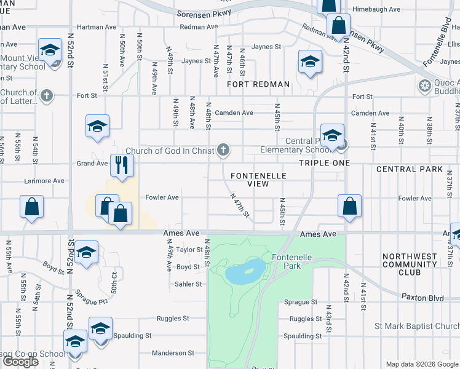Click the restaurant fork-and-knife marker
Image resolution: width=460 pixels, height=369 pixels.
coord(122,165)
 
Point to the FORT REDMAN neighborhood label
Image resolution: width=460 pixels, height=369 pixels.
coord(258,84)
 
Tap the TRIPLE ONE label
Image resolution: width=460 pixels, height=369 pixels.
coord(324,163)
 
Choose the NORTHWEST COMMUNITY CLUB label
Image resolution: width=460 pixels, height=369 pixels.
coord(409,264)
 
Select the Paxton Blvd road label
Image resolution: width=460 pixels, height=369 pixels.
coord(422,298)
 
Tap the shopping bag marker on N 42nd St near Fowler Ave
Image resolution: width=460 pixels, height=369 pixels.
coord(349,206)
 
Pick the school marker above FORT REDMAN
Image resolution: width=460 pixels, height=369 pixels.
coord(310,61)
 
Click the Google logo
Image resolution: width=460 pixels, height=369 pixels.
coord(20,362)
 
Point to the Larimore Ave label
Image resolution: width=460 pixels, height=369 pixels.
coord(44,181)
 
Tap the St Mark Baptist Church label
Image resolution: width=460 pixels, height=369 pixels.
coord(418,326)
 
